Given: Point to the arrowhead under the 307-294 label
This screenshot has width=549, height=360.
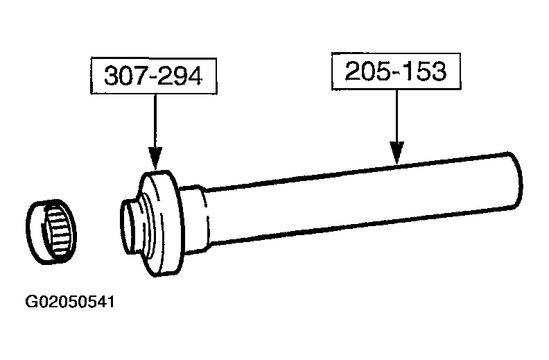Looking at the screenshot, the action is click(155, 158).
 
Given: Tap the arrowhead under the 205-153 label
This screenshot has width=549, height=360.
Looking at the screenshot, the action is click(397, 153).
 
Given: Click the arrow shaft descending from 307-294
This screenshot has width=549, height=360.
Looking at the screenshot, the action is click(155, 121).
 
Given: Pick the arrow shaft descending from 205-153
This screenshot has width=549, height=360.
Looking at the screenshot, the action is click(397, 116).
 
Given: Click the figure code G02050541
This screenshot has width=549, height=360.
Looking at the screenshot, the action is click(70, 302).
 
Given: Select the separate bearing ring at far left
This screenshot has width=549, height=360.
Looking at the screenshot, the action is click(51, 232).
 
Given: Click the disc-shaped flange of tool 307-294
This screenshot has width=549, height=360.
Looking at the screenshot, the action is click(162, 223).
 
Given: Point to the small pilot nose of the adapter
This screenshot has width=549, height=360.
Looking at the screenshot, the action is click(130, 226).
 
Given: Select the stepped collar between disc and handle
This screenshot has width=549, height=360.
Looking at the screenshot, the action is click(195, 218).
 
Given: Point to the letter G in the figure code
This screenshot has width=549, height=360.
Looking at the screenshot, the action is click(31, 302).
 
